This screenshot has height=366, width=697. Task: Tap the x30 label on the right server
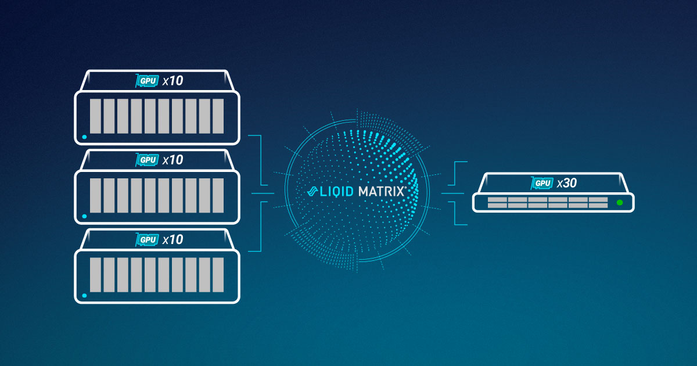(566, 183)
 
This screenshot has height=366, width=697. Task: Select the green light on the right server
(620, 202)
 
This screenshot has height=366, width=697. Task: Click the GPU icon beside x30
(542, 184)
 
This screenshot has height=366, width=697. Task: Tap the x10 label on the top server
(173, 81)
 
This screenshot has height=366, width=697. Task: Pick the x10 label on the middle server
(173, 160)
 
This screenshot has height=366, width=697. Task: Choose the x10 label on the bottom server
(173, 239)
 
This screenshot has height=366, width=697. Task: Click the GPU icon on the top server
(147, 81)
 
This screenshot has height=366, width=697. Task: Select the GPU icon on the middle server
(147, 160)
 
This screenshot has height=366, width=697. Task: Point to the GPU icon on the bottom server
(147, 239)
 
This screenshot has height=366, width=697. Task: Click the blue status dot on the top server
(85, 137)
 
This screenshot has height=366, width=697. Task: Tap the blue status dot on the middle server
(85, 216)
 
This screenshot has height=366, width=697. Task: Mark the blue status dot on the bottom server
(85, 295)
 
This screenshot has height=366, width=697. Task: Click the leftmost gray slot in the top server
(95, 116)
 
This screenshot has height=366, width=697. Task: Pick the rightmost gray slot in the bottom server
(218, 274)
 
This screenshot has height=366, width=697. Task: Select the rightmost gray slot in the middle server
(218, 195)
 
